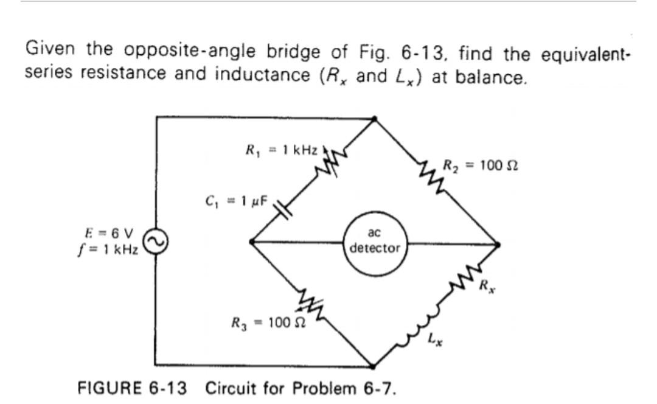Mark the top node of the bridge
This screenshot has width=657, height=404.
pos(374,119)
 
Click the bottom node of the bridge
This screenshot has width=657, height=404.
pos(374,366)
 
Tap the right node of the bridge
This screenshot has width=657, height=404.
pos(498,245)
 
